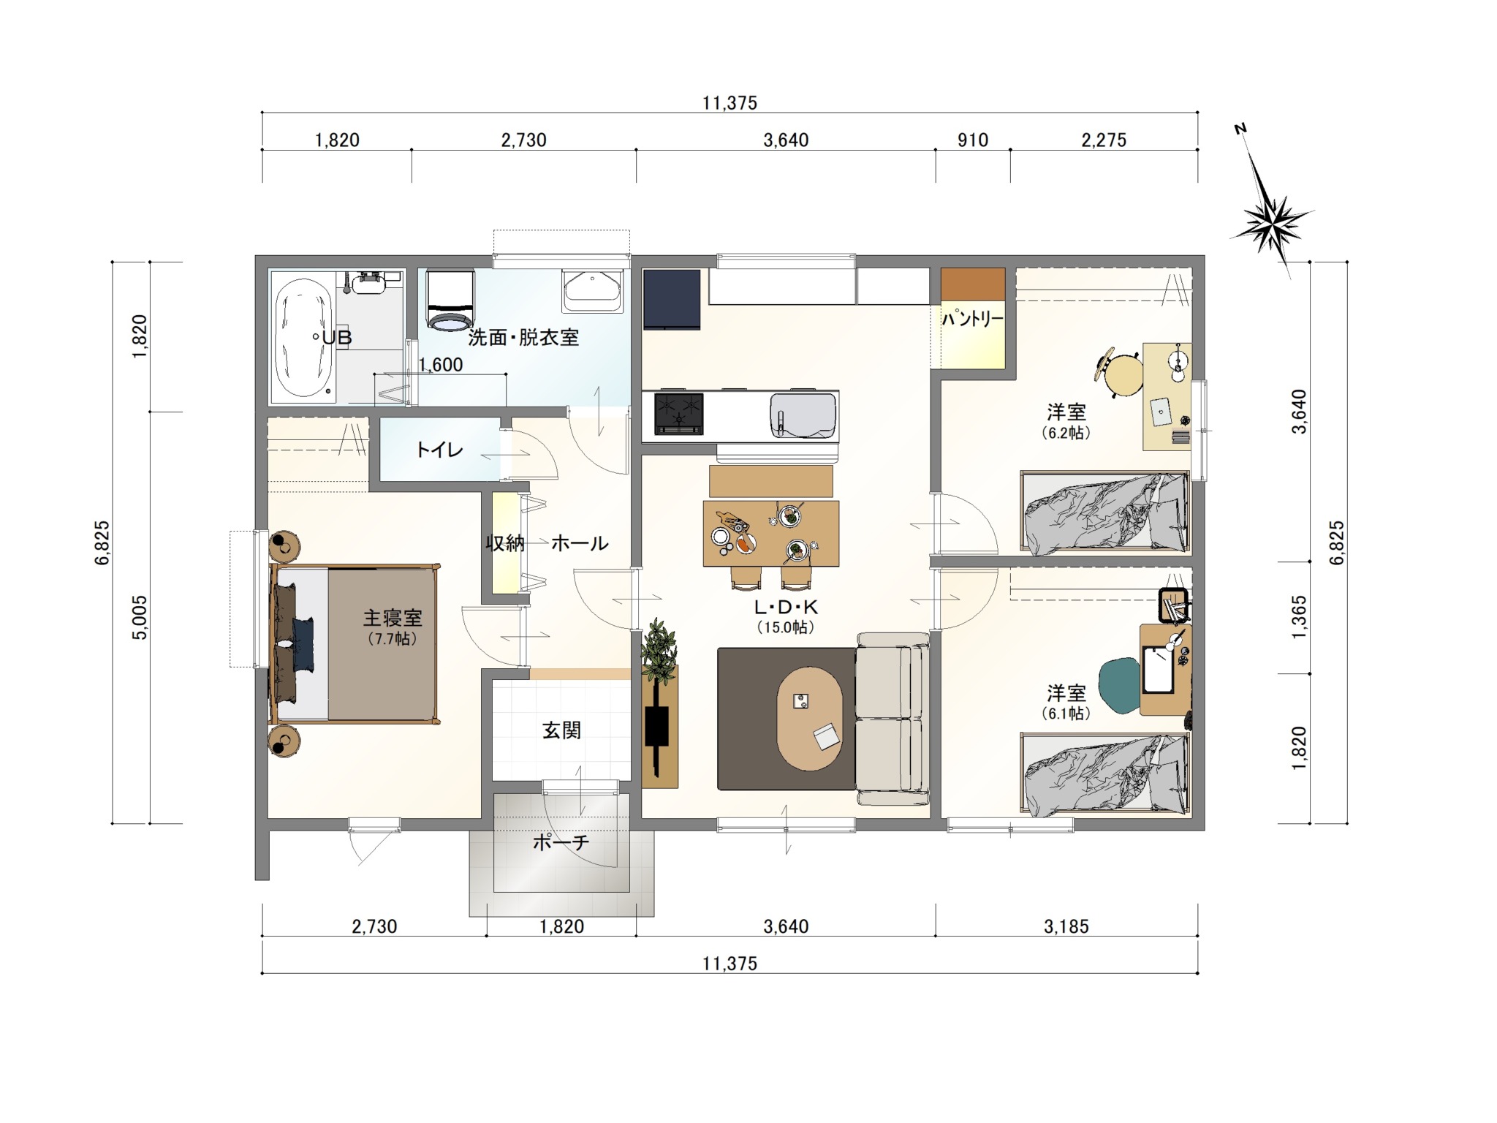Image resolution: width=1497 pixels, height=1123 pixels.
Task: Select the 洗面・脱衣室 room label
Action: point(523,337)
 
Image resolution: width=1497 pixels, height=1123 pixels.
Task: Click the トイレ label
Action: point(439,450)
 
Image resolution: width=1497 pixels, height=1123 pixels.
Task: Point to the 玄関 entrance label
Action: point(561,730)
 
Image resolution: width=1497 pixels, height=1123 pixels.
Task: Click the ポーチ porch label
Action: point(561,842)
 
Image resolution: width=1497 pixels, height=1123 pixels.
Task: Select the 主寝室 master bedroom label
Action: point(393,618)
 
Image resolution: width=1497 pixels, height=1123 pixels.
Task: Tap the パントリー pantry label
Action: point(972,318)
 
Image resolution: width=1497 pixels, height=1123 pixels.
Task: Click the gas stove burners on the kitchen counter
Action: point(679,413)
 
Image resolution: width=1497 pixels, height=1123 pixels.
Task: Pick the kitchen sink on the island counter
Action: point(803,415)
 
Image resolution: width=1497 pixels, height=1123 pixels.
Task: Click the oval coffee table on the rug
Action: point(809,717)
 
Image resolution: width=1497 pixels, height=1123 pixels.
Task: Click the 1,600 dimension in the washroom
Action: point(440,364)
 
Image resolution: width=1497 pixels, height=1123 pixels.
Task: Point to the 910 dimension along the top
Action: point(973,140)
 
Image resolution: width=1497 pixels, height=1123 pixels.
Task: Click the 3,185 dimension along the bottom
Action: point(1066,926)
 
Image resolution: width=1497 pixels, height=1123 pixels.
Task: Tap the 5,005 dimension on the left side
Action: point(140,618)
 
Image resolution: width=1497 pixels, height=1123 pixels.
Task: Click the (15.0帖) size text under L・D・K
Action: point(786,627)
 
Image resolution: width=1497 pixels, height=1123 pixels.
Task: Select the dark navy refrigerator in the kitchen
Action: point(672,300)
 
